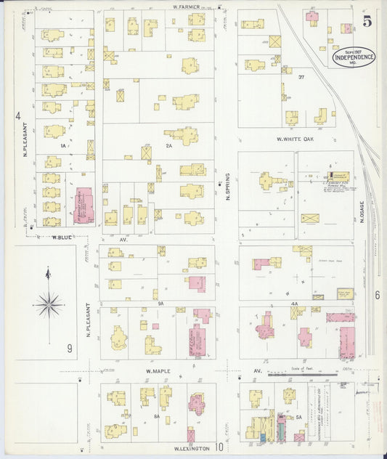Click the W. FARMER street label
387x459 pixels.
click(187, 7)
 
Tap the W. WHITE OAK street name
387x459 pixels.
click(294, 139)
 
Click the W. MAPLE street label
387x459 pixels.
click(158, 371)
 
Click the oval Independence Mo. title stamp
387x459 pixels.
click(354, 56)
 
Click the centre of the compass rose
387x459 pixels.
click(49, 304)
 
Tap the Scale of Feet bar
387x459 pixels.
click(302, 375)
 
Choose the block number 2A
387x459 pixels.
click(169, 146)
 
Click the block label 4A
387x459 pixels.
click(294, 304)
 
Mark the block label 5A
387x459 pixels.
click(298, 418)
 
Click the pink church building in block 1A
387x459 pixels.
click(84, 205)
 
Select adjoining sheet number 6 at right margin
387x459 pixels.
click(377, 295)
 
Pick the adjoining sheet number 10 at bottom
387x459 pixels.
click(219, 447)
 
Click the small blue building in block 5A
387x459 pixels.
click(262, 438)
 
